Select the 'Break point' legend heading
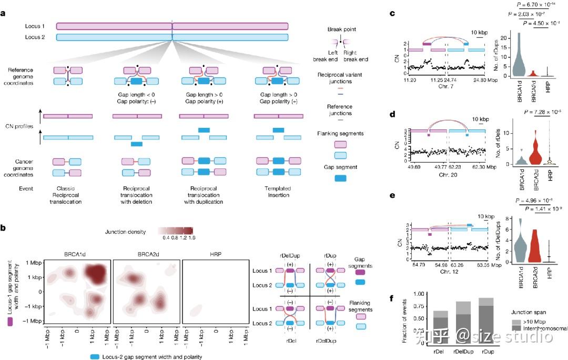341,29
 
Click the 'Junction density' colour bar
176,231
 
